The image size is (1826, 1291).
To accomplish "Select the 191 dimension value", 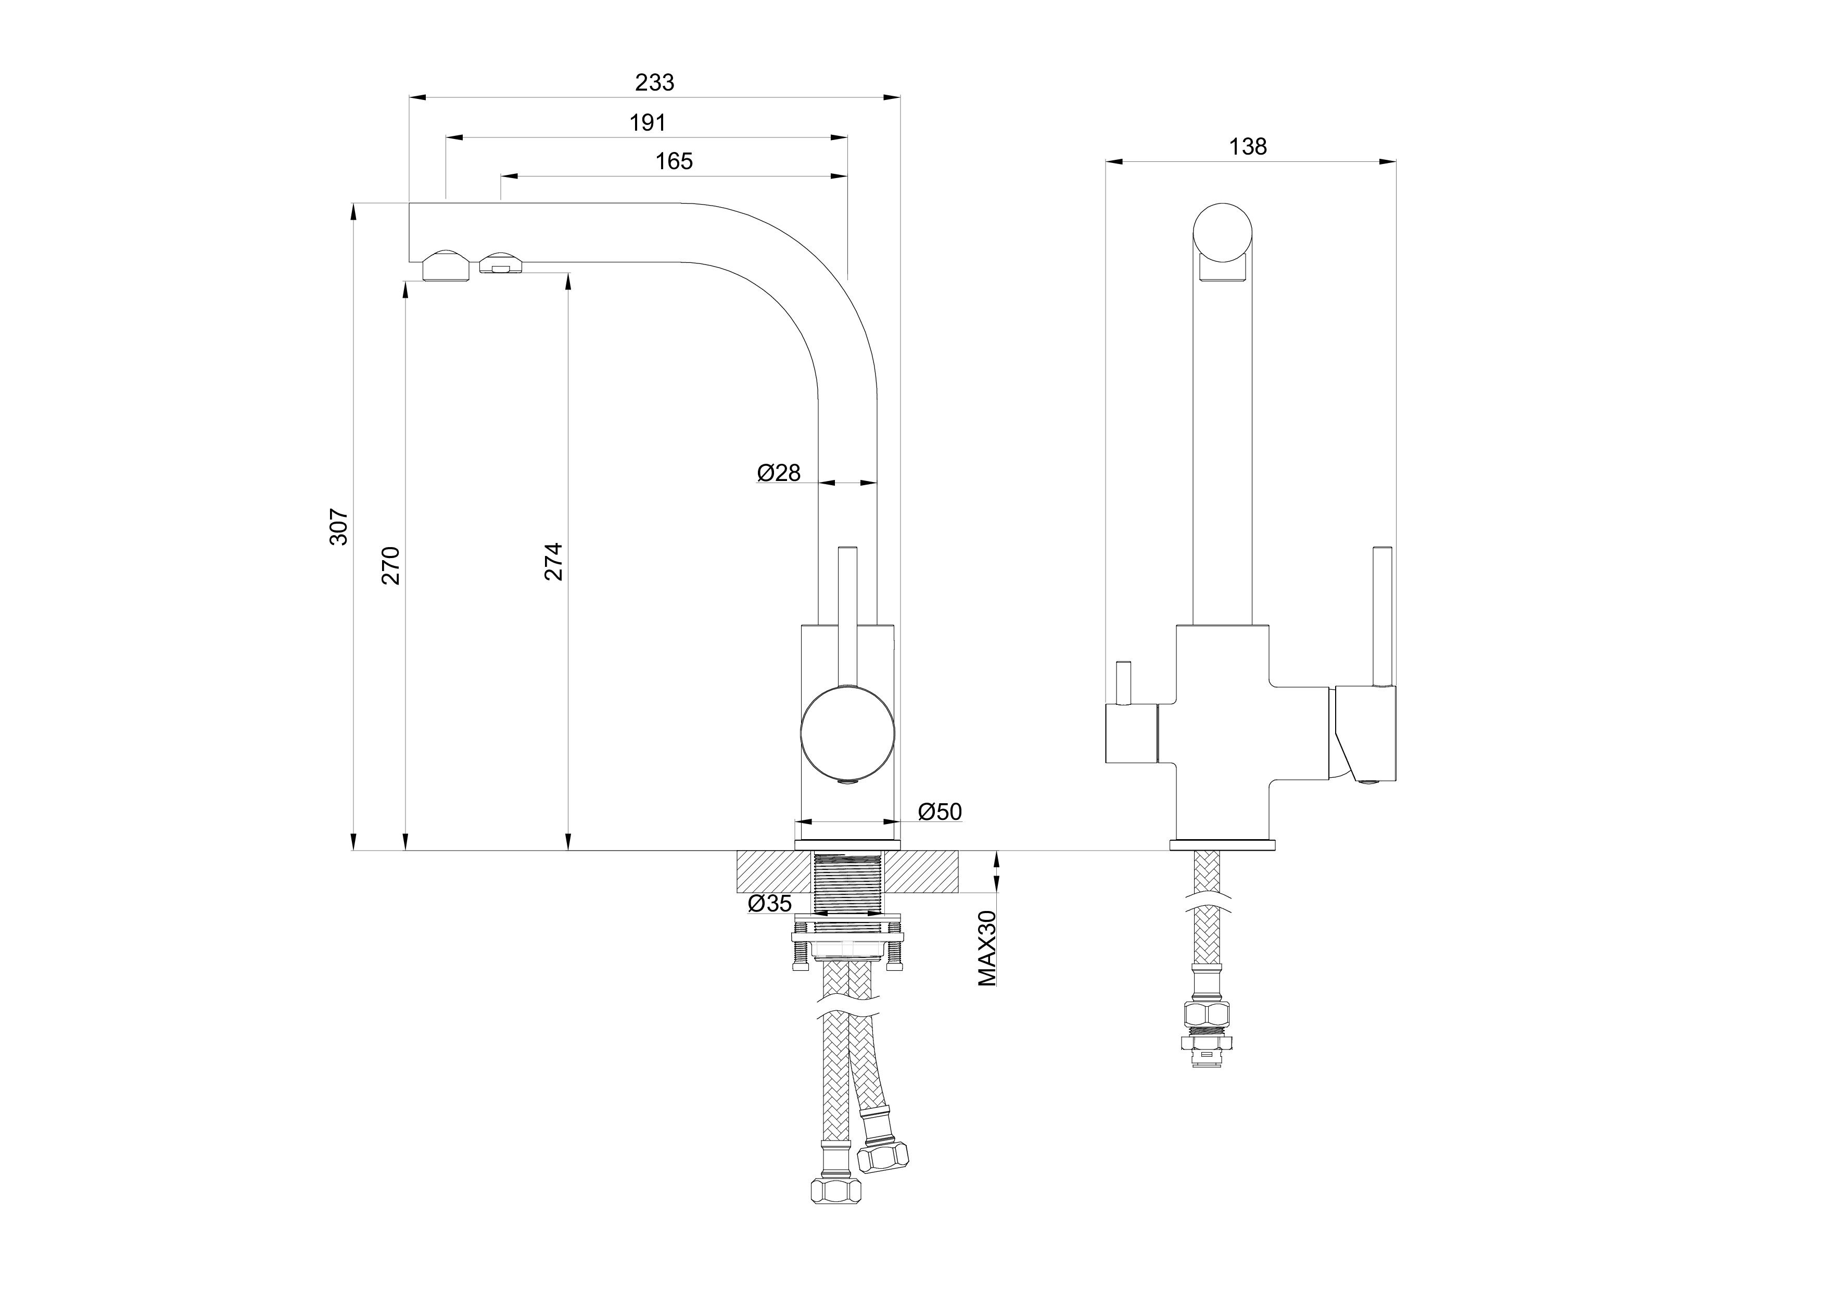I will coord(648,122).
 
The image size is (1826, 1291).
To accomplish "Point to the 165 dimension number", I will coord(674,161).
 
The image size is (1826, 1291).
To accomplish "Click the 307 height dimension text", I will coord(339,527).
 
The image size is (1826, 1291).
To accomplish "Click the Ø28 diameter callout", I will coord(779,473).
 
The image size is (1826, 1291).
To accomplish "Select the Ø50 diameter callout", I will coord(940,812).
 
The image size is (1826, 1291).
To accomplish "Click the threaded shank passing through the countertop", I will coord(848,883).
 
